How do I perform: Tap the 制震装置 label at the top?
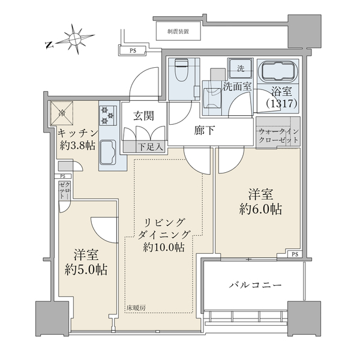[x=179, y=31]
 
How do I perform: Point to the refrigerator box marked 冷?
[x=63, y=112]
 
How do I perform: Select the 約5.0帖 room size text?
[x=86, y=269]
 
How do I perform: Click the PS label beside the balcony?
[x=293, y=254]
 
